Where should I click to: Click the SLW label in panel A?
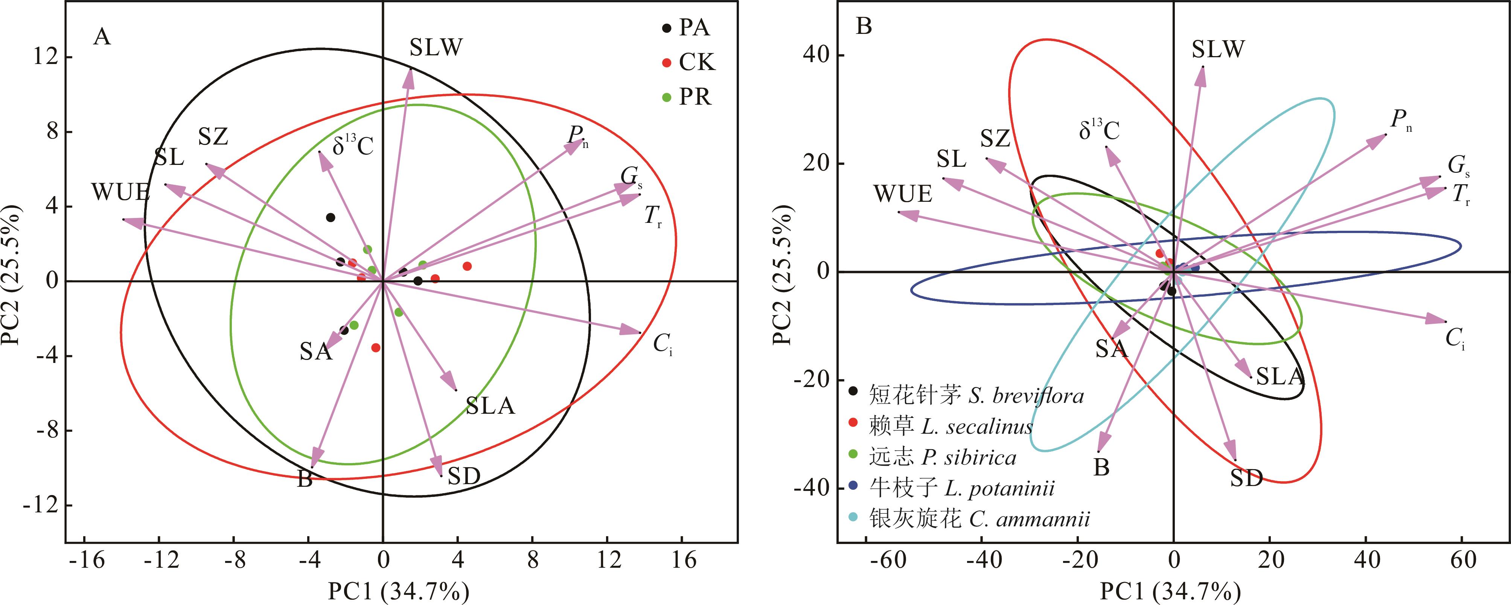tap(436, 47)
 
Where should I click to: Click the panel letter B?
tap(864, 26)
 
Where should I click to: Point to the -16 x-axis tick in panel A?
tap(86, 561)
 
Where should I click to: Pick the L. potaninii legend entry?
tap(962, 488)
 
